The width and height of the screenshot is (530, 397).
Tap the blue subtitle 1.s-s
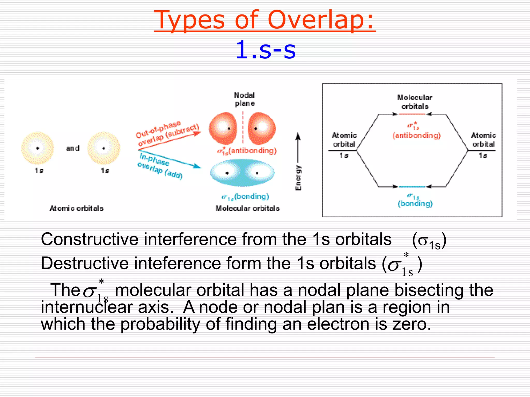tap(266, 50)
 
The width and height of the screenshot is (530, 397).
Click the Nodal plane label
tap(245, 99)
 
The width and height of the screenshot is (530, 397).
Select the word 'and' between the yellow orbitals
tap(73, 148)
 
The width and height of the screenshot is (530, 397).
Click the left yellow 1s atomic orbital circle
tap(38, 148)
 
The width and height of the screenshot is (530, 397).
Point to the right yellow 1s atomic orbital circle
tap(104, 148)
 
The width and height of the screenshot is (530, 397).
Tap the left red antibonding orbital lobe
tap(223, 128)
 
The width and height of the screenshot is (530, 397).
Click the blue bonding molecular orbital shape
tap(242, 173)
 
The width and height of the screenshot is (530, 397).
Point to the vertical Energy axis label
tap(298, 178)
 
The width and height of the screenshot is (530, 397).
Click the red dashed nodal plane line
tap(243, 128)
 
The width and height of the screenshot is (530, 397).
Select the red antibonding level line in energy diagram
tap(412, 114)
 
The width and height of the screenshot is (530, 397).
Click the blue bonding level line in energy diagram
tap(412, 186)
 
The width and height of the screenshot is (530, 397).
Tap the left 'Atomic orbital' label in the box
tap(344, 140)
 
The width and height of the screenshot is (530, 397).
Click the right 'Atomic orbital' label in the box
tap(483, 140)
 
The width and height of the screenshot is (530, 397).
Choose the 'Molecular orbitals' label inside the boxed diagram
tap(415, 102)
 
